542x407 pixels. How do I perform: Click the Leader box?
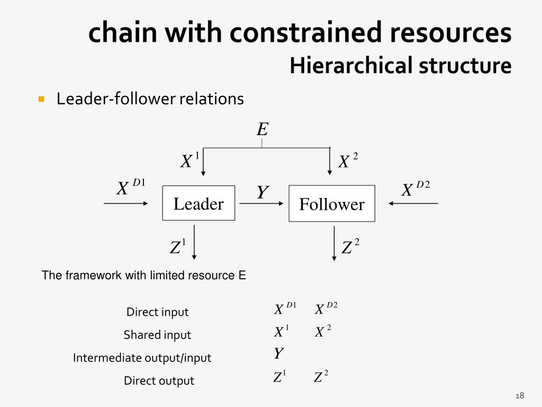pyautogui.click(x=198, y=203)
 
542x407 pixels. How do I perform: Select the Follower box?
pyautogui.click(x=332, y=204)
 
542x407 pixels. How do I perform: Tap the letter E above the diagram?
pyautogui.click(x=263, y=129)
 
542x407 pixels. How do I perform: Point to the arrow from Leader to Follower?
pyautogui.click(x=261, y=203)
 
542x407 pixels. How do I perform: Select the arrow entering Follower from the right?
pyautogui.click(x=413, y=203)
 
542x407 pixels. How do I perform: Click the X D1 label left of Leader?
pyautogui.click(x=130, y=188)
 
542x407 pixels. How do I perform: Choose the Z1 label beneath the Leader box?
pyautogui.click(x=178, y=247)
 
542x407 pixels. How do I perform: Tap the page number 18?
pyautogui.click(x=519, y=396)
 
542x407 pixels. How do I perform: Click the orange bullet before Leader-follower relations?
pyautogui.click(x=41, y=99)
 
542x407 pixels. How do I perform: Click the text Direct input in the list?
pyautogui.click(x=157, y=312)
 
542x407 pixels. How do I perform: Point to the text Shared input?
pyautogui.click(x=157, y=335)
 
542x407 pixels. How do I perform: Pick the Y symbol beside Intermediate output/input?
pyautogui.click(x=278, y=353)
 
